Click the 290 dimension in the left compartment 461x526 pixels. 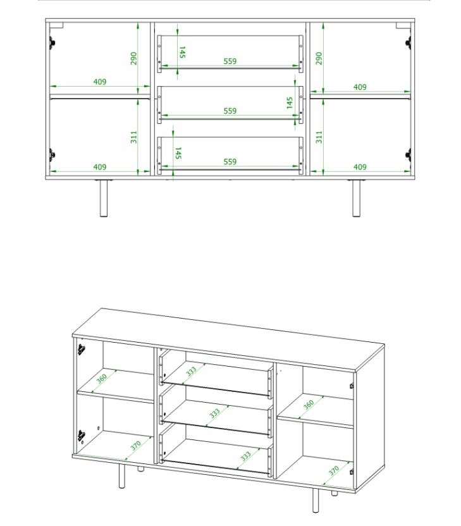134,58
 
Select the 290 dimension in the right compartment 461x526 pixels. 319,58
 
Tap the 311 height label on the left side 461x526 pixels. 134,137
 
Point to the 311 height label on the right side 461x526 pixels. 319,137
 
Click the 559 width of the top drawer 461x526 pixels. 230,61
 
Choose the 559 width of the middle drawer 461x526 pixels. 230,111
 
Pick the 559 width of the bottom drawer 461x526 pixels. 230,162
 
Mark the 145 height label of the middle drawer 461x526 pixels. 290,102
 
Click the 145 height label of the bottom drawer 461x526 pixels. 178,153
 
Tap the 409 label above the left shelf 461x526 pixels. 100,82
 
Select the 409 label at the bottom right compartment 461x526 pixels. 360,167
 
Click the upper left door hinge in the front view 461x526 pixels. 52,43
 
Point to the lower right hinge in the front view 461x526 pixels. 409,155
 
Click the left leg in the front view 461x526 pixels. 104,199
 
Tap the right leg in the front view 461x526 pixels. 356,199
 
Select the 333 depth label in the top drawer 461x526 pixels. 191,372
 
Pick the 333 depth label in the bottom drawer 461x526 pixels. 245,456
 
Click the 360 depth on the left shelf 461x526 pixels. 101,379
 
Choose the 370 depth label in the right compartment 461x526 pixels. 334,470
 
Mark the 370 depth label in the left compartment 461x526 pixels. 135,446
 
